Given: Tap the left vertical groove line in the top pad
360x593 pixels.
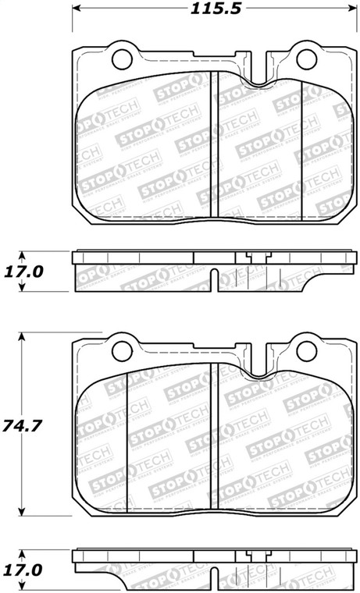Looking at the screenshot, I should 215,156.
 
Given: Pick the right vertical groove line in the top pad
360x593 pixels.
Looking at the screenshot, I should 301,156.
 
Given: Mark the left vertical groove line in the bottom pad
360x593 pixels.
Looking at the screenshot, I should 127,445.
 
